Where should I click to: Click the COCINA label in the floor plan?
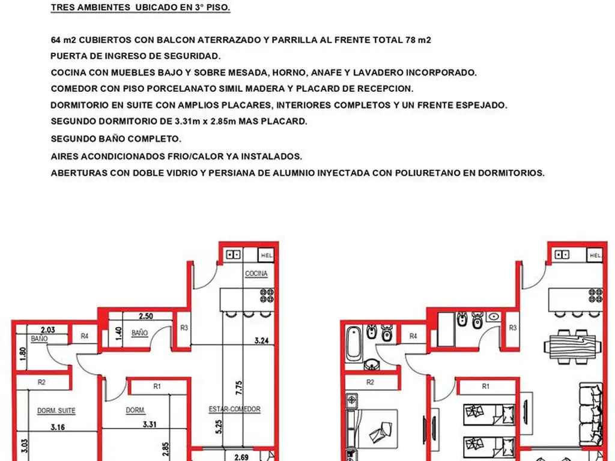(256, 273)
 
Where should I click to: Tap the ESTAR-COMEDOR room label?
(235, 409)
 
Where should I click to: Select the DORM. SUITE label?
(56, 411)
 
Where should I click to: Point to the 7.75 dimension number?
(239, 388)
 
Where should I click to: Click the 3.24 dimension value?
(262, 340)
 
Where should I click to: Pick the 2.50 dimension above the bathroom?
(146, 316)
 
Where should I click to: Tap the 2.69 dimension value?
(241, 457)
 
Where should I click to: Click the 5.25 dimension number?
(219, 427)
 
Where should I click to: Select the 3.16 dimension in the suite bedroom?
(58, 427)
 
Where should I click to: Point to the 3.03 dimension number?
(24, 446)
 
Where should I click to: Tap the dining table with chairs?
(572, 346)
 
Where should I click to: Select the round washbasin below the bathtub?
(371, 364)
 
